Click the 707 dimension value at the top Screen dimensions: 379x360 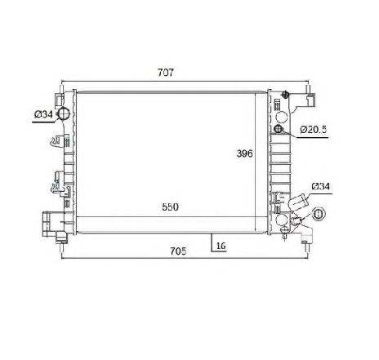[x=165, y=73]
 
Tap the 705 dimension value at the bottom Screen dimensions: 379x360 [x=178, y=251]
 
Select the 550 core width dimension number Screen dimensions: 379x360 [x=170, y=207]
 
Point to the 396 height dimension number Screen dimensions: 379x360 [x=244, y=153]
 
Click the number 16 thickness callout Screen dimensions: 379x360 [x=221, y=246]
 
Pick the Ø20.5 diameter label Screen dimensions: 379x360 [x=313, y=130]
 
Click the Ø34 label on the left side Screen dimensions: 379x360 [x=43, y=114]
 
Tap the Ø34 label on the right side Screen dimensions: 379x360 [x=320, y=186]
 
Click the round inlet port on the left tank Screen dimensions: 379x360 [x=64, y=113]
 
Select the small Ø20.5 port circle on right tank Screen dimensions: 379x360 [x=279, y=129]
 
